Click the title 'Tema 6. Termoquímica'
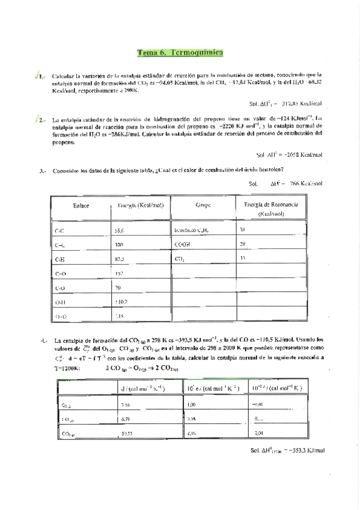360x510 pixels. pyautogui.click(x=180, y=52)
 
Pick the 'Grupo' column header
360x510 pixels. pyautogui.click(x=203, y=205)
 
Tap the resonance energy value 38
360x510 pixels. pyautogui.click(x=242, y=230)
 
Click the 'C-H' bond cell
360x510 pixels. pyautogui.click(x=60, y=259)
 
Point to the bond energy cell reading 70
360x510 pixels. pyautogui.click(x=118, y=287)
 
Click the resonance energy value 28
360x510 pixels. pyautogui.click(x=242, y=244)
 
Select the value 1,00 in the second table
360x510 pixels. pyautogui.click(x=192, y=405)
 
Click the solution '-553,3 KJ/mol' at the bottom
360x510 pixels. pyautogui.click(x=287, y=450)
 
